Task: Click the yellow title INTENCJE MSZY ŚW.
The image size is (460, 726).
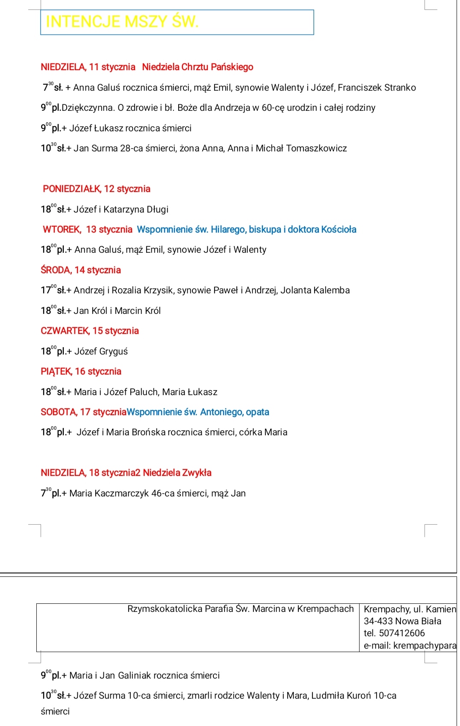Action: coord(122,22)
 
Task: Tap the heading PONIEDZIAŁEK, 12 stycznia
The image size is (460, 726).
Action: coord(97,189)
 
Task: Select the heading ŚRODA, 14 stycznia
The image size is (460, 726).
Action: coord(81,270)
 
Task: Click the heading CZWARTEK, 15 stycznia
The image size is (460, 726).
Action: coord(90,331)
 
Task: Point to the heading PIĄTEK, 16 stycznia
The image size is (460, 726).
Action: coord(81,372)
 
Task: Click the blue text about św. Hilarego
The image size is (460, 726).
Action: coord(246,230)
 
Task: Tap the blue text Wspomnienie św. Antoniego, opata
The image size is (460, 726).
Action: coord(198,412)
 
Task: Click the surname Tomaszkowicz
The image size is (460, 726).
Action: coord(316,148)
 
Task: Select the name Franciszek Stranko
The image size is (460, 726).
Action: coord(377,88)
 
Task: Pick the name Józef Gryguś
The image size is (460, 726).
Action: coord(101,351)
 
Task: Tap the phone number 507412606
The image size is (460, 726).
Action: coord(402,633)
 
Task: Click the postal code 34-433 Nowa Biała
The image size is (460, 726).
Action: coord(402,621)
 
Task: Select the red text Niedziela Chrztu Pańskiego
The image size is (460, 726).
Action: coord(198,67)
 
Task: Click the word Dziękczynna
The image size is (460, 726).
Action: coord(88,108)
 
